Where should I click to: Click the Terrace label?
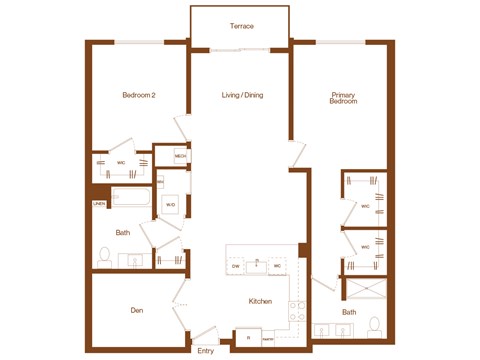(240, 25)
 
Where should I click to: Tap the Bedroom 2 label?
(139, 95)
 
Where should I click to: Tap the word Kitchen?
(261, 300)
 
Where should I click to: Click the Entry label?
(206, 351)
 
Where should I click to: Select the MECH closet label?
(181, 156)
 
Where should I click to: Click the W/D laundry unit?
(170, 205)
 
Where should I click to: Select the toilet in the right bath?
(374, 325)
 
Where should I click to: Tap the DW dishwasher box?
(236, 266)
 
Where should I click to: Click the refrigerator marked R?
(248, 338)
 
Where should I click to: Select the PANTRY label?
(268, 339)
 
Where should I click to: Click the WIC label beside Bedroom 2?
(120, 161)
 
